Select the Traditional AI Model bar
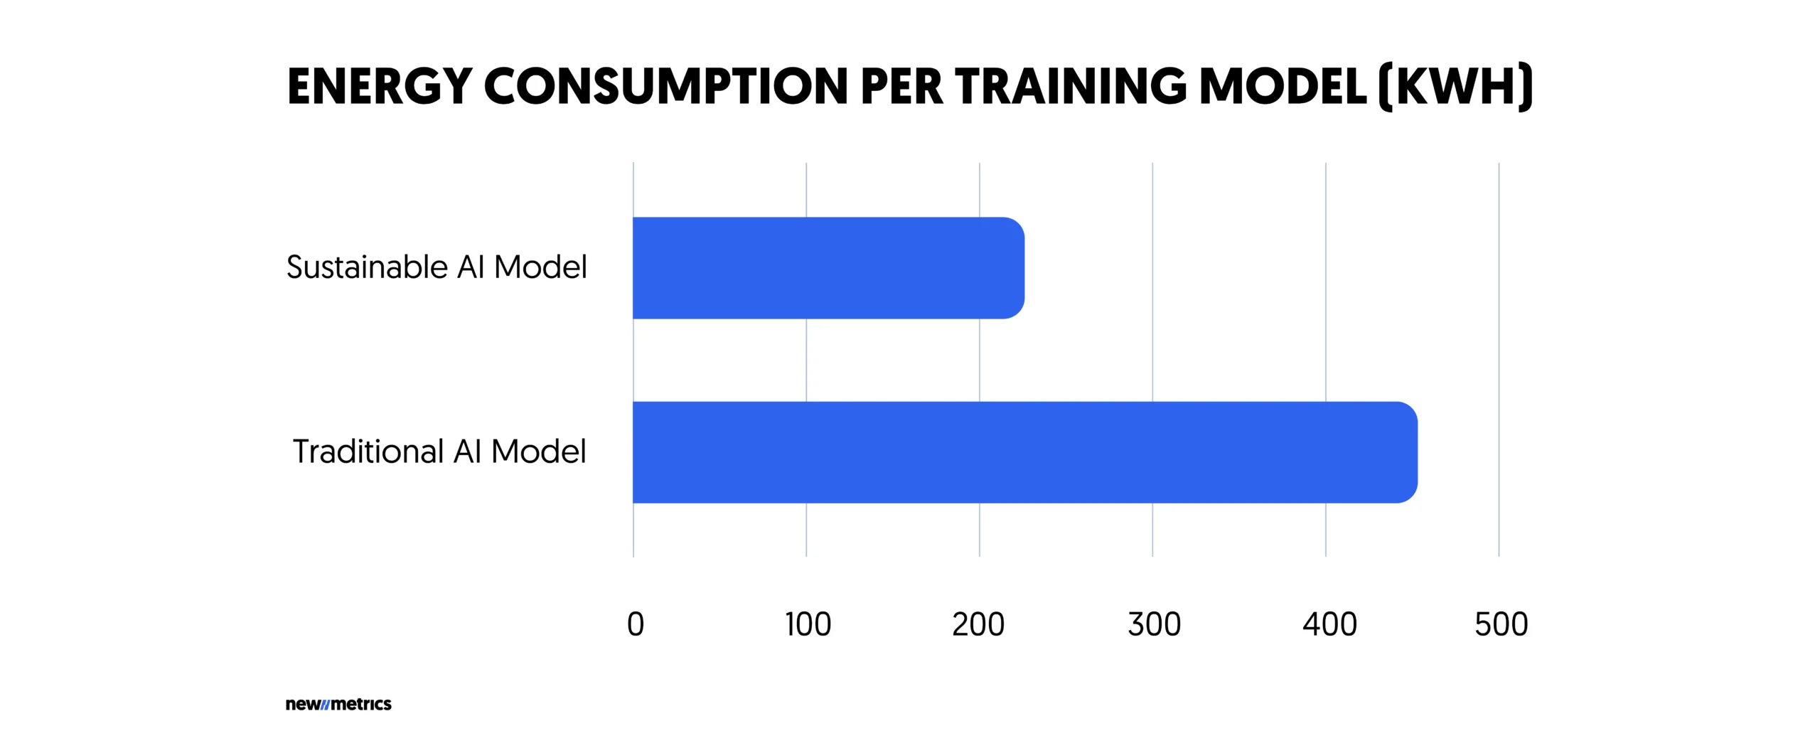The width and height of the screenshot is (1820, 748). tap(1024, 452)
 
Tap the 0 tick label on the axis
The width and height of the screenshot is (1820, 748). tap(635, 624)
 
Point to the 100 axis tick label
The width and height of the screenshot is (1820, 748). tap(808, 624)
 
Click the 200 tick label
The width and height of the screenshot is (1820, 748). tap(978, 624)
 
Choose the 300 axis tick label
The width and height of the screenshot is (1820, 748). tap(1153, 624)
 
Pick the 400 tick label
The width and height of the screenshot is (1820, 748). tap(1329, 624)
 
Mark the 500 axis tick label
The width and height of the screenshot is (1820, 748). tap(1501, 624)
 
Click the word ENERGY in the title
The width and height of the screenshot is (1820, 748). tap(380, 87)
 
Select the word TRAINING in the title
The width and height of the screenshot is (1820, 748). tap(1071, 87)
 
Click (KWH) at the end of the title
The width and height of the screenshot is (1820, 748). tap(1455, 87)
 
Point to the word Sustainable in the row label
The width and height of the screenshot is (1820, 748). tap(367, 268)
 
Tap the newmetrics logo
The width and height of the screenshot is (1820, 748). tap(338, 704)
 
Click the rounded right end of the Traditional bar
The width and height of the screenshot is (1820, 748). tap(1404, 452)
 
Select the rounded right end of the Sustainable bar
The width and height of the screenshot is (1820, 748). tap(1012, 268)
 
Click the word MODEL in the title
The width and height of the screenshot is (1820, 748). tap(1283, 87)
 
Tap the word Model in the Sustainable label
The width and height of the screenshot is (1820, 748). tap(540, 268)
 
